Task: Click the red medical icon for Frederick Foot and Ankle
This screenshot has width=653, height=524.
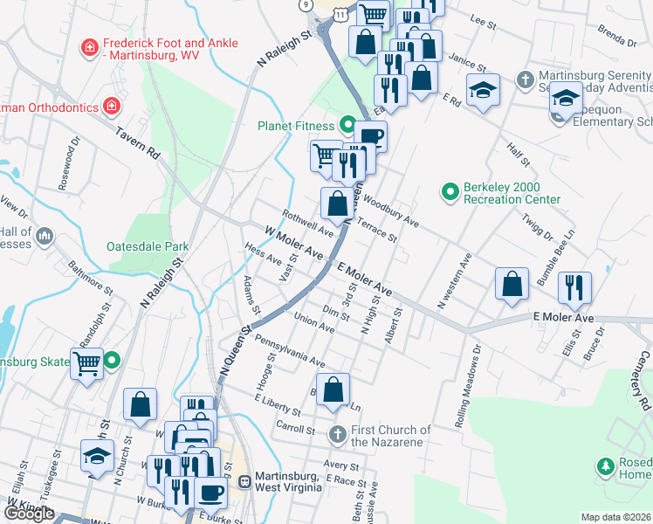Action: (x=89, y=47)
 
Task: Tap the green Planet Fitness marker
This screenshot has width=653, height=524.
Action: (x=347, y=125)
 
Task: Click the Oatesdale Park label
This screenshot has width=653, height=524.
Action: (x=148, y=246)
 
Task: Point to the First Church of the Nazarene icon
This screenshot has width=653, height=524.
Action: (x=339, y=434)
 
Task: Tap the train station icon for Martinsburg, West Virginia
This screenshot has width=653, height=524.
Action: (x=245, y=481)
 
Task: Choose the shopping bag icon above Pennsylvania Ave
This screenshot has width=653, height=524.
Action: (x=333, y=390)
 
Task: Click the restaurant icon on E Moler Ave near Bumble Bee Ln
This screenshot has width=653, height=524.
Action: (x=574, y=287)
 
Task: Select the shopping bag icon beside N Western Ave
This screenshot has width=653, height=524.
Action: (x=512, y=284)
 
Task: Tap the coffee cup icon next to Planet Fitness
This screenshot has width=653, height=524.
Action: (x=370, y=136)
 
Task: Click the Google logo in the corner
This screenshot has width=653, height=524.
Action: (x=29, y=513)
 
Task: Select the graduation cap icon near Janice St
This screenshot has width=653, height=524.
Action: (x=482, y=90)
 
